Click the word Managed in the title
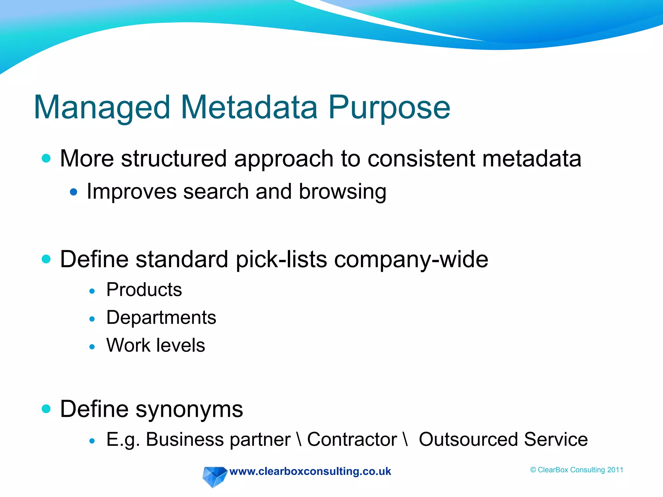pyautogui.click(x=102, y=108)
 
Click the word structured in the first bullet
pyautogui.click(x=174, y=159)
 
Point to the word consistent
pyautogui.click(x=421, y=159)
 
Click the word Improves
pyautogui.click(x=131, y=192)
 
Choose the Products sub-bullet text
pyautogui.click(x=144, y=290)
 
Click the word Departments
pyautogui.click(x=161, y=318)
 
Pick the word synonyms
pyautogui.click(x=189, y=410)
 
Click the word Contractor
pyautogui.click(x=352, y=440)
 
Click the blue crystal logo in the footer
pyautogui.click(x=214, y=476)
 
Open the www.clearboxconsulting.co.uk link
pyautogui.click(x=310, y=471)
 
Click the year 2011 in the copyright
pyautogui.click(x=615, y=470)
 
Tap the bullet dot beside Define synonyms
pyautogui.click(x=46, y=409)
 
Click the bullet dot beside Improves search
pyautogui.click(x=73, y=192)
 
